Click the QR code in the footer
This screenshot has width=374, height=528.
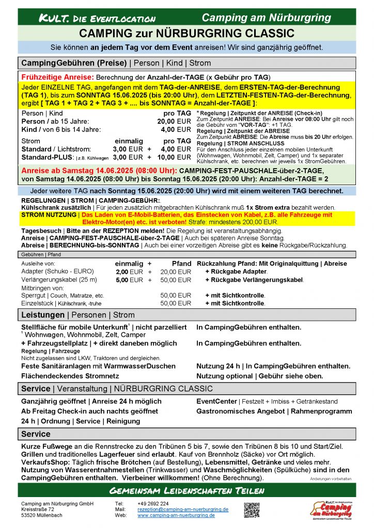(252, 510)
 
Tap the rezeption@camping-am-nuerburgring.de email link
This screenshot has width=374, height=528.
(183, 509)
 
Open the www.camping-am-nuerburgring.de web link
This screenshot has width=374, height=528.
(176, 515)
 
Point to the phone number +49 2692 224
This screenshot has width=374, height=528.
(153, 503)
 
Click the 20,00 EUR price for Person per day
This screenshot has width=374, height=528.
(174, 121)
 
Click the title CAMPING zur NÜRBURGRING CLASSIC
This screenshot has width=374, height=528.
(186, 34)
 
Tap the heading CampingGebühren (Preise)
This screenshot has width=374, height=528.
(74, 63)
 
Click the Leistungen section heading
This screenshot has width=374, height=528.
(43, 315)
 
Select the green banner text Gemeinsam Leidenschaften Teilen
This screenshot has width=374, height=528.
(186, 490)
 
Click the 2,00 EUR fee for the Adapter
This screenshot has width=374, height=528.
(129, 271)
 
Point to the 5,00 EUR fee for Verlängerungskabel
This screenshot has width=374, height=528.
(129, 279)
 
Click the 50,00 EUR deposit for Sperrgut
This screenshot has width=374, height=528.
(176, 295)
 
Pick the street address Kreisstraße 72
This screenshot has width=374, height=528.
(38, 509)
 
